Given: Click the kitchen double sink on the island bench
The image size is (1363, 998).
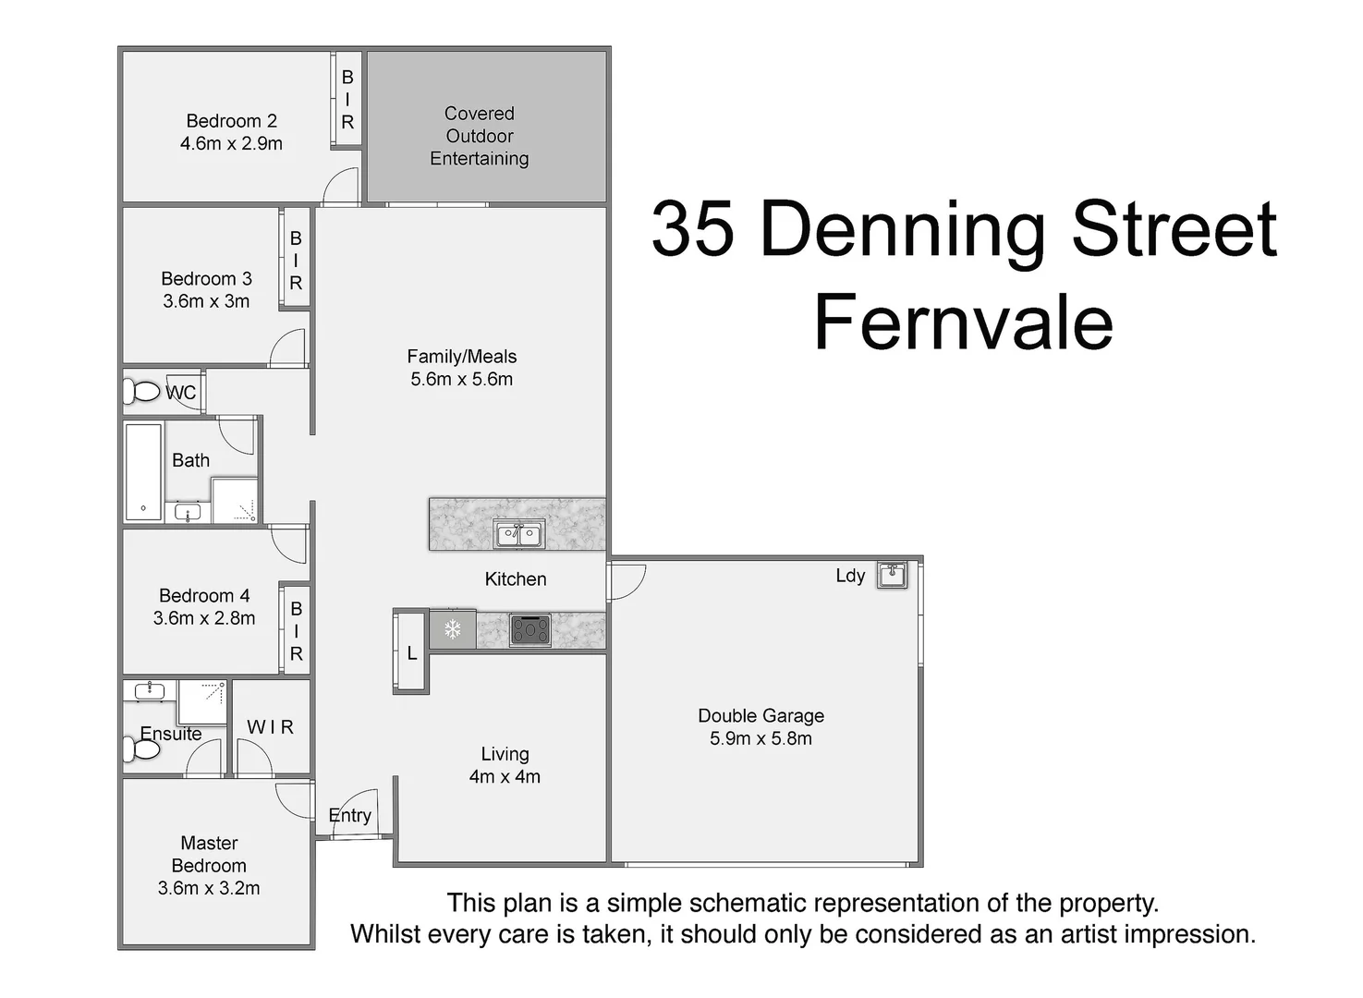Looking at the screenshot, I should coord(518,534).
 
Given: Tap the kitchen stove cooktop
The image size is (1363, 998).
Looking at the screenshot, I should coord(530,630).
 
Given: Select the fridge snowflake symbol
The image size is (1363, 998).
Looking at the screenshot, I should coord(453,630).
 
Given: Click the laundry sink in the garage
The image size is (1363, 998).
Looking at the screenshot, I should coord(892,575).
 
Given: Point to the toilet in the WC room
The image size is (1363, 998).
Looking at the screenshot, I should coord(143,392).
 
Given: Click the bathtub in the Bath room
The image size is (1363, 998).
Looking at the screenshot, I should coord(143,472).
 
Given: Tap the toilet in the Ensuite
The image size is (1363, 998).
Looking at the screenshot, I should coord(143,748).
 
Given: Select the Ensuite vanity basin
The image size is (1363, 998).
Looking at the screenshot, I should coord(150,691).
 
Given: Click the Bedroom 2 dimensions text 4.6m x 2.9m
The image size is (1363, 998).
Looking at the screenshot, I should coord(231,144).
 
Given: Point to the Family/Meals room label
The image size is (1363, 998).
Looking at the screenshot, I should coord(461,357).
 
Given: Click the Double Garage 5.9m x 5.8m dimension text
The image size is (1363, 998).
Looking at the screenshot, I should coord(761,739).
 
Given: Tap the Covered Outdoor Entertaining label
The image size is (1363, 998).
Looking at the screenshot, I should coord(479,136).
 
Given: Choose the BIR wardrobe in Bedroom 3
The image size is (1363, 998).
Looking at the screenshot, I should coord(296,260).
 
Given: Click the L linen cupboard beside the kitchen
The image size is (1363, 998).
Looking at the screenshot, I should coord(411,653).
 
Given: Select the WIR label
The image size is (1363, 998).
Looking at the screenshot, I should coord(270,728).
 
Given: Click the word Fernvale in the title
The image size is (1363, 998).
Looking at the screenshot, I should coord(963,323).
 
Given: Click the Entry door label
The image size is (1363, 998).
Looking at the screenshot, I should coord(350,815).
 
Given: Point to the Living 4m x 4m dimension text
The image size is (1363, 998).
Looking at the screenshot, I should coord(505,777).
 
